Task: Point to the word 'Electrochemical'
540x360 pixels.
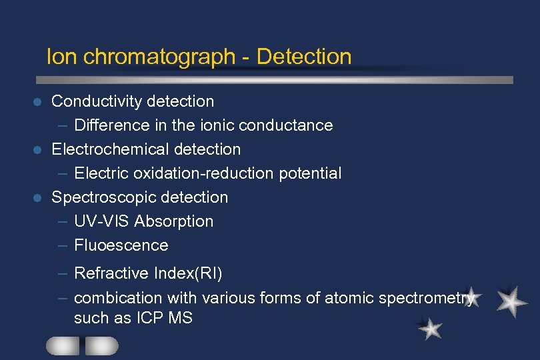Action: (x=109, y=149)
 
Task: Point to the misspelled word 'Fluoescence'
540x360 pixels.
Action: (x=121, y=245)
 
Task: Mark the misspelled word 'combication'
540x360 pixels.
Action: (x=118, y=298)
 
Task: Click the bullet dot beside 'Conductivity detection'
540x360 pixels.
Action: (x=38, y=102)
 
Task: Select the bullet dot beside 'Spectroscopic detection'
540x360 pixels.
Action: (x=38, y=198)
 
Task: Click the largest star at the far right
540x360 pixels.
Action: (x=512, y=301)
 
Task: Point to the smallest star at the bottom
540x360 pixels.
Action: (x=431, y=328)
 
